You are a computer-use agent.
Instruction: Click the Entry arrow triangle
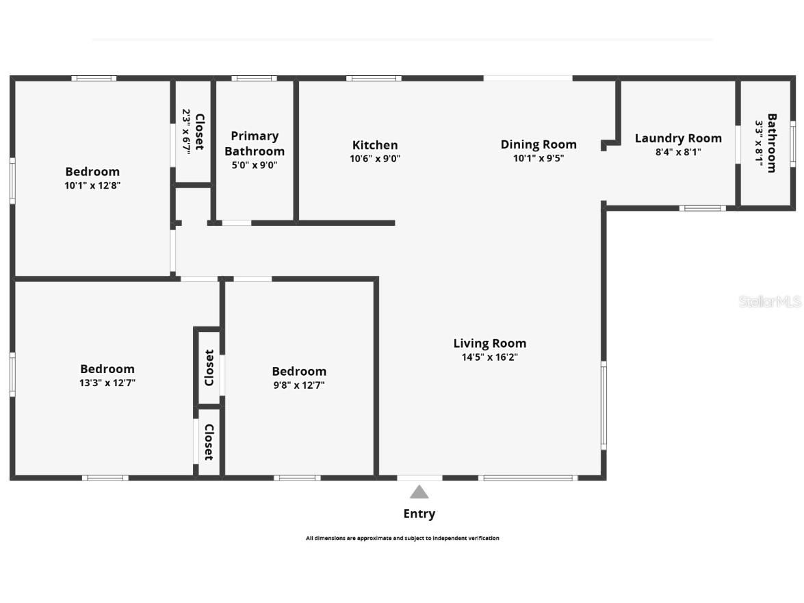click(x=419, y=491)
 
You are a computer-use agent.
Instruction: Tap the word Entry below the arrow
click(x=419, y=513)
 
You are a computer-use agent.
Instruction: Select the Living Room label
click(x=490, y=343)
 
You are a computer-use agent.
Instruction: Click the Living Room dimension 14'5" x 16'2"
click(x=490, y=357)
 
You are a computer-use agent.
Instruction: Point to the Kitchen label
click(x=375, y=145)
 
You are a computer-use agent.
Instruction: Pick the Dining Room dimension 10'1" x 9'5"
click(x=539, y=158)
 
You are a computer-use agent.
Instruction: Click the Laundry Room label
click(x=678, y=138)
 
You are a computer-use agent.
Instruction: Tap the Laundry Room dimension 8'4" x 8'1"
click(x=678, y=153)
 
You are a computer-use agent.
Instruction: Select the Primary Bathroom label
click(x=255, y=144)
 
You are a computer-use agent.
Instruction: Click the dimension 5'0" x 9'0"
click(x=255, y=165)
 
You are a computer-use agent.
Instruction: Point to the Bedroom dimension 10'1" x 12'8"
click(x=92, y=185)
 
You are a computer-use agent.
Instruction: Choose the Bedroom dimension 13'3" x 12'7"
click(x=107, y=383)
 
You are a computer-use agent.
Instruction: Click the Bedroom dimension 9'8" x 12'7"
click(x=299, y=385)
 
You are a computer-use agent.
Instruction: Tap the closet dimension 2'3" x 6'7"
click(x=185, y=132)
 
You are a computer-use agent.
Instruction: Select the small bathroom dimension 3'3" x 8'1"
click(x=759, y=143)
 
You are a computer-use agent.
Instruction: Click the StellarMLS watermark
click(x=769, y=301)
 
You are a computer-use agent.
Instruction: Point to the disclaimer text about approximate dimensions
click(x=402, y=538)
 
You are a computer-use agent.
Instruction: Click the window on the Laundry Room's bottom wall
click(x=702, y=207)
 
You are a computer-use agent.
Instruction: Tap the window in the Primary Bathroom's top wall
click(x=254, y=78)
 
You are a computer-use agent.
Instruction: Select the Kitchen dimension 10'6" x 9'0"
click(x=375, y=159)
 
